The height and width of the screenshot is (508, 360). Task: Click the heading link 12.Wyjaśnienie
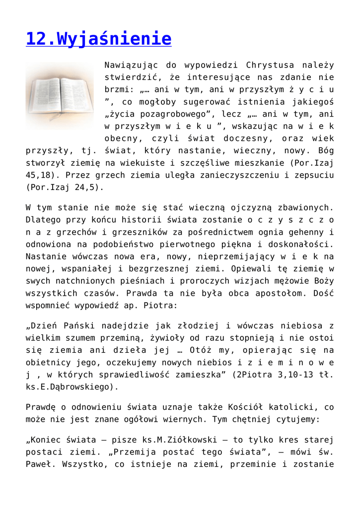(x=98, y=39)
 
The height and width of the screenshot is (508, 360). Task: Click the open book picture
(x=60, y=96)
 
